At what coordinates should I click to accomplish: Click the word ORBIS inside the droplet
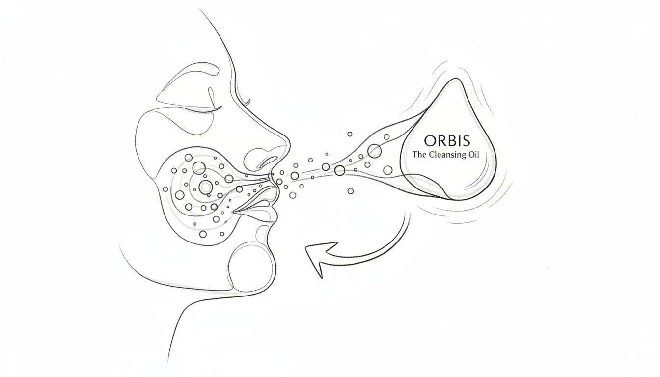[x=447, y=141]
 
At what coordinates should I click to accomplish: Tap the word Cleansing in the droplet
[x=451, y=155]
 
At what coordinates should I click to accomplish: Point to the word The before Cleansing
[x=419, y=154]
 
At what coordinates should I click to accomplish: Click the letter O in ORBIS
[x=430, y=141]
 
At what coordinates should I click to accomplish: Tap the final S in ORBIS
[x=467, y=141]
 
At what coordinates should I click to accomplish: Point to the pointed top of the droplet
[x=456, y=79]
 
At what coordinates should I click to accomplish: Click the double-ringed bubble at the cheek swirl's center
[x=206, y=187]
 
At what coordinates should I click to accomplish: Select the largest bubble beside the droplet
[x=374, y=151]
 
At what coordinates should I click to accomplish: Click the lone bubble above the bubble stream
[x=350, y=134]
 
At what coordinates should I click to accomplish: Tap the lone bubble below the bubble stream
[x=351, y=191]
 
